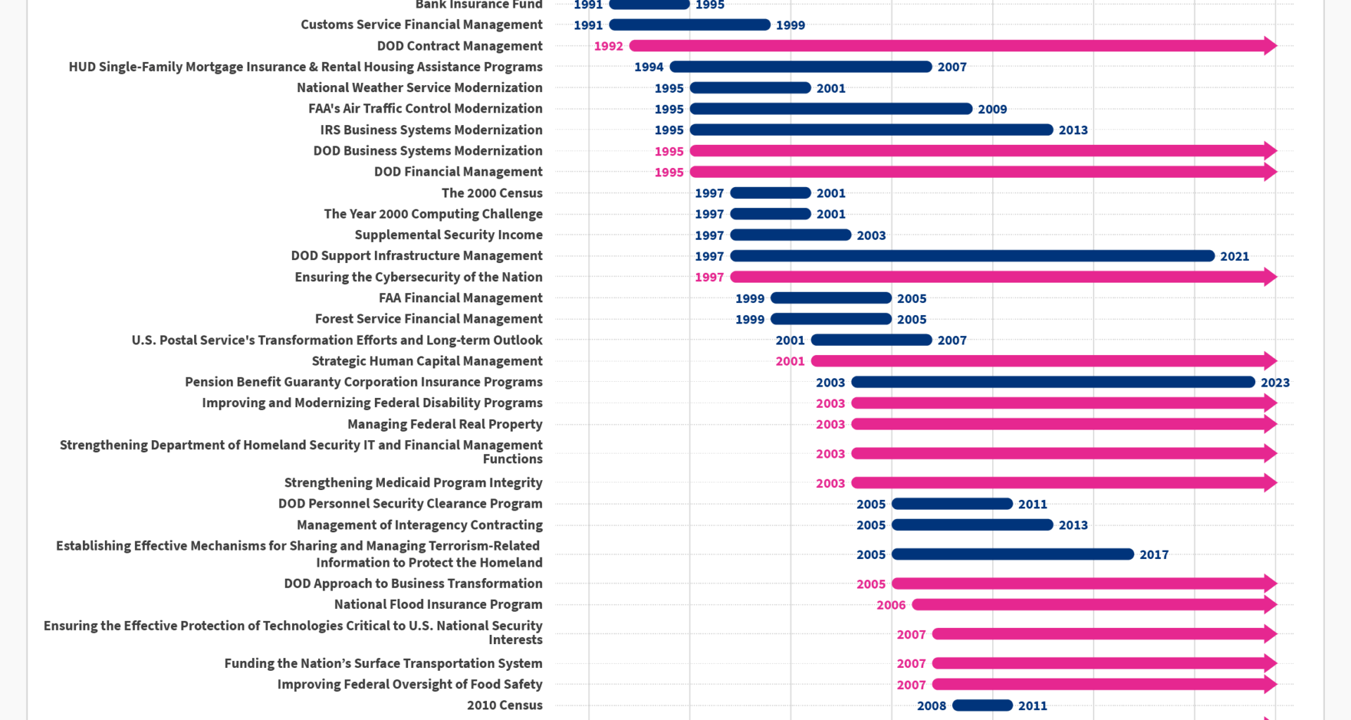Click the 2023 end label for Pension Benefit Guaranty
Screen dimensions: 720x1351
click(x=1274, y=382)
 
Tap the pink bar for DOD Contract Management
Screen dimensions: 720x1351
click(x=950, y=46)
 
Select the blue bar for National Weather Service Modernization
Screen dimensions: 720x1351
click(x=750, y=88)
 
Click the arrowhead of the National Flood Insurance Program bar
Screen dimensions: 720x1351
click(x=1269, y=605)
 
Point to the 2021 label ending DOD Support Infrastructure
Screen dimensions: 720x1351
click(x=1234, y=257)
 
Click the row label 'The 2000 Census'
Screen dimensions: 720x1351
click(x=492, y=193)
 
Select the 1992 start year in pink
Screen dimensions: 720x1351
click(x=608, y=46)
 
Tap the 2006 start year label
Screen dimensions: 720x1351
click(x=890, y=605)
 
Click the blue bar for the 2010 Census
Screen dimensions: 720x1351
click(x=982, y=705)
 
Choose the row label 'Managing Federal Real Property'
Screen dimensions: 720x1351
click(x=445, y=425)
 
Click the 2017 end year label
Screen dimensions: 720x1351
click(x=1153, y=555)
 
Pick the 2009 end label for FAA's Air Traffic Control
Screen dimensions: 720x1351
click(x=991, y=110)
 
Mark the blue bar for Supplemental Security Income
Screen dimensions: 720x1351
click(x=790, y=235)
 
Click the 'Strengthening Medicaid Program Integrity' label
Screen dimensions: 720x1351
click(x=413, y=483)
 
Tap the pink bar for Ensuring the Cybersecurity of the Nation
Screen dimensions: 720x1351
click(x=999, y=277)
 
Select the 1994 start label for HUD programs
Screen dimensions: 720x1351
click(x=648, y=67)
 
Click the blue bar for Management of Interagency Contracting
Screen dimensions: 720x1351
click(x=972, y=525)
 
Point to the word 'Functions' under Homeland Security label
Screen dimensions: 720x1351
click(x=512, y=459)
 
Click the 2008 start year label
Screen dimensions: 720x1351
click(x=931, y=706)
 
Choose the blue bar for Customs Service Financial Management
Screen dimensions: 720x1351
click(x=690, y=25)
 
